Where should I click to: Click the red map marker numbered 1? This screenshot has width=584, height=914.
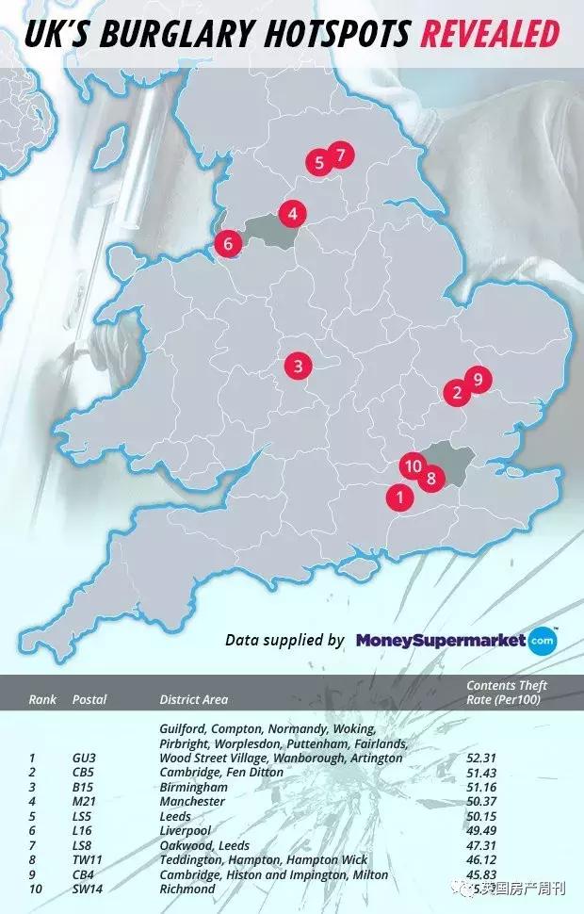pos(398,497)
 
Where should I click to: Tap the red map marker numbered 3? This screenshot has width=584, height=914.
pos(298,366)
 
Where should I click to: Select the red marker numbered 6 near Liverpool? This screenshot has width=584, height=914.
pos(226,244)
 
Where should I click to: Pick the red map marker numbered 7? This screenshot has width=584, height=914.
pos(341,155)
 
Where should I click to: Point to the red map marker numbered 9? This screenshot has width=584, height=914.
pos(478,379)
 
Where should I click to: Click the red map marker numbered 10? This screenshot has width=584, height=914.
pos(412,465)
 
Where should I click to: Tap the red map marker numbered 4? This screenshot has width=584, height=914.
pos(293,214)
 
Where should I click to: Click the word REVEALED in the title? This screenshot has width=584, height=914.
pos(490,35)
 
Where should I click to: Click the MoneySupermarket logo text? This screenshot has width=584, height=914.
pos(440,641)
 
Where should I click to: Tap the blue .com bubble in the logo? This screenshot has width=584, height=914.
pos(542,641)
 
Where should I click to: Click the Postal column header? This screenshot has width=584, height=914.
pos(89,699)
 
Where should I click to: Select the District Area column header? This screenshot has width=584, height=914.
pos(194,699)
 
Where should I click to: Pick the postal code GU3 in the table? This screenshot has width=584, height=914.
pos(85,758)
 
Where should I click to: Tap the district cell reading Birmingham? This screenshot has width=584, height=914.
pos(194,787)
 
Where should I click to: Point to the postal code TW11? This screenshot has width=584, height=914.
pos(89,859)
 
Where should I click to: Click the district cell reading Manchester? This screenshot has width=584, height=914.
pos(193,801)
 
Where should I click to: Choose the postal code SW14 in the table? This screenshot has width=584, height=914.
pos(89,889)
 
